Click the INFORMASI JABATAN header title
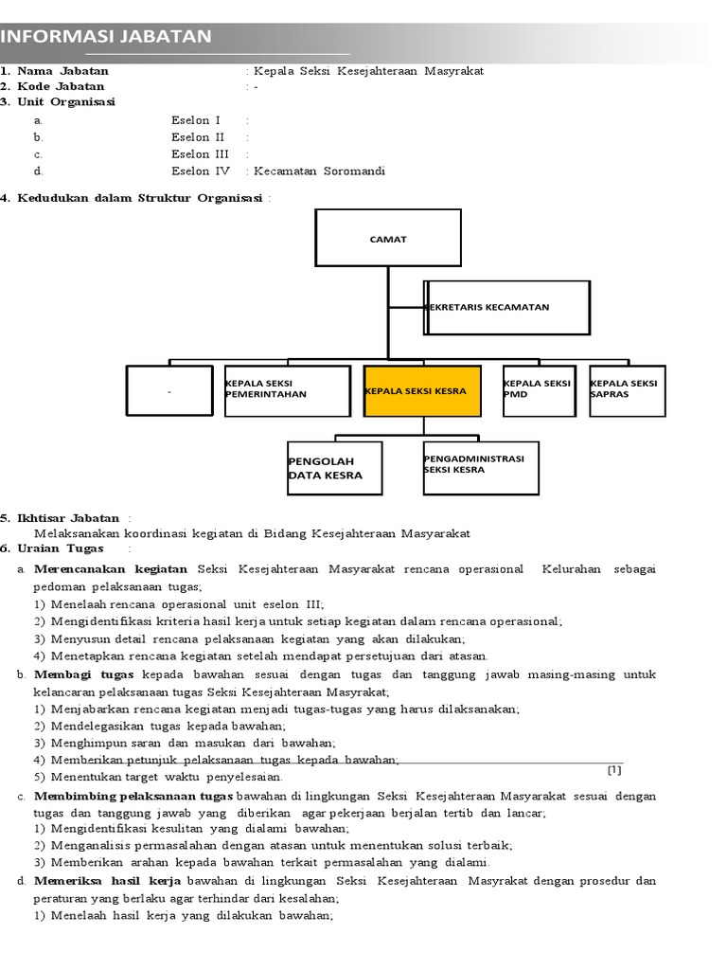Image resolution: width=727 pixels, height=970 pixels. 105,37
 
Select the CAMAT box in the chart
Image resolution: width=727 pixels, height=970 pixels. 388,238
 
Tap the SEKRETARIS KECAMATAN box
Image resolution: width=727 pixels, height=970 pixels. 507,308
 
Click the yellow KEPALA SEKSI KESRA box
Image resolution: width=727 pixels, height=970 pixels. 422,390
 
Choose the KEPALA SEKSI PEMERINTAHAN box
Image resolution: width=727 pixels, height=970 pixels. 287,390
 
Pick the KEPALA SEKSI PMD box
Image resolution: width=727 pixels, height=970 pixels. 539,390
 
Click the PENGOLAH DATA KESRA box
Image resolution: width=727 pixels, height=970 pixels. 334,468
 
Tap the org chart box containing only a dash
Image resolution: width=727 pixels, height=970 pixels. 169,390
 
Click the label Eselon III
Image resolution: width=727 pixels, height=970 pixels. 200,154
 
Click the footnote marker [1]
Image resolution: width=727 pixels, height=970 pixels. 614,769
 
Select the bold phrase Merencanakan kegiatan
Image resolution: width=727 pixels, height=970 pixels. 111,569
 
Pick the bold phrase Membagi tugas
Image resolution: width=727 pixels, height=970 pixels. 86,674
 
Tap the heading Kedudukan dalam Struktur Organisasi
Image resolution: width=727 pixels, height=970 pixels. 140,197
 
